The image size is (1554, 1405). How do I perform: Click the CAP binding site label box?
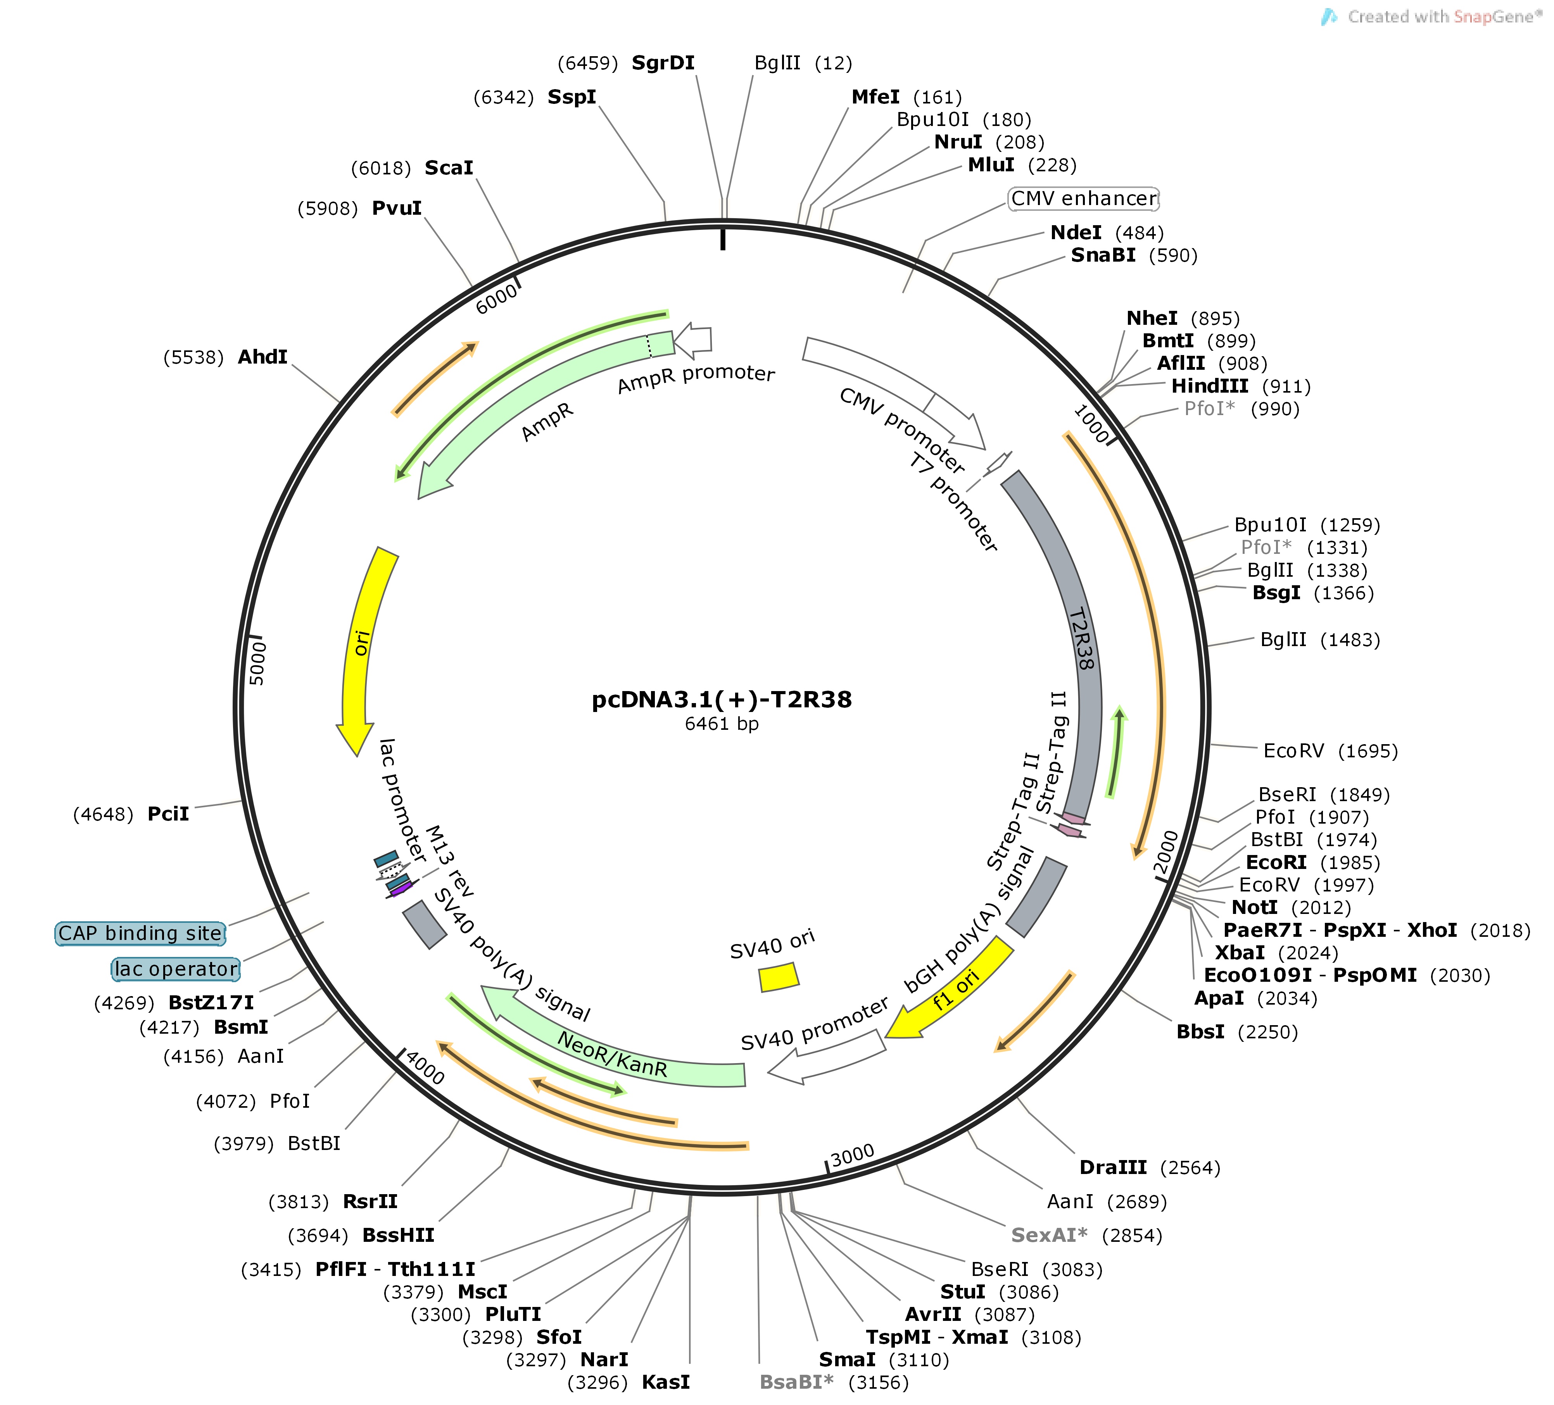pos(140,933)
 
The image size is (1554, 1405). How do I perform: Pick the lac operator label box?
pos(176,969)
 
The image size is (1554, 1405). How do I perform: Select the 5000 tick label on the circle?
pos(257,663)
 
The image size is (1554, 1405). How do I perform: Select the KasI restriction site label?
pos(666,1382)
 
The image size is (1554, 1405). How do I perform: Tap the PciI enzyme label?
pos(168,814)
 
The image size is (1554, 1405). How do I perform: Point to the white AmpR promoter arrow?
pos(692,341)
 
